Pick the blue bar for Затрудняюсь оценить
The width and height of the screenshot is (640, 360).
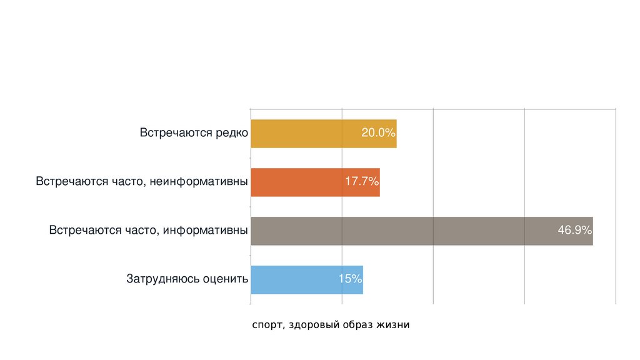point(294,279)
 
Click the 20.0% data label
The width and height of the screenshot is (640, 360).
point(378,133)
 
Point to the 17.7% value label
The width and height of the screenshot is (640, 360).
point(362,182)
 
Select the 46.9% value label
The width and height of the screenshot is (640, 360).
point(574,231)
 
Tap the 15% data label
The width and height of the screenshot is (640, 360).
point(350,279)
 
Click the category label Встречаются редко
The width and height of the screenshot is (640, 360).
point(194,133)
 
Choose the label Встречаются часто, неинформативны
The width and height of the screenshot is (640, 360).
point(142,182)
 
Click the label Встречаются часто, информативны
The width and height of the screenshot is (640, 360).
point(149,231)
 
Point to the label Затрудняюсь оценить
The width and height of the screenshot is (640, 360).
point(187,279)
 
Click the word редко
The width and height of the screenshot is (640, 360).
point(232,133)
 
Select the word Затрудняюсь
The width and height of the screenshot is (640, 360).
point(162,279)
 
